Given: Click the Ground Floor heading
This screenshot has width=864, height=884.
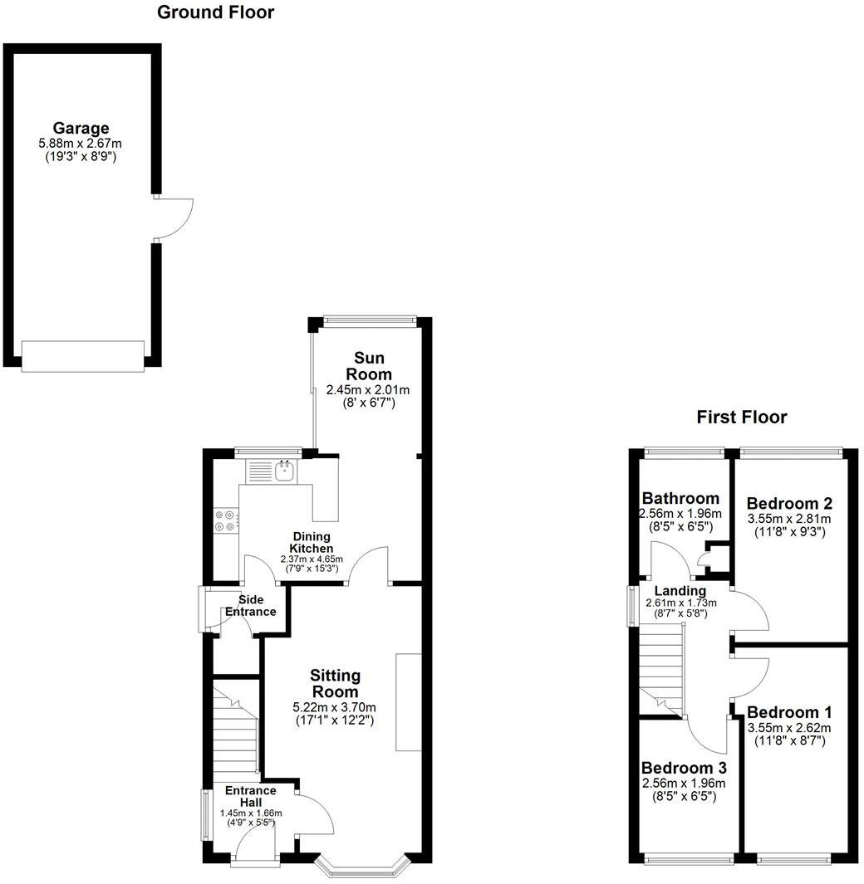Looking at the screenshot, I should [215, 12].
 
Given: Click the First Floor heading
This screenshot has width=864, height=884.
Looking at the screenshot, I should [741, 418].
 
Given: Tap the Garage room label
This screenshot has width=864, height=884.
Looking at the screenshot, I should [81, 129].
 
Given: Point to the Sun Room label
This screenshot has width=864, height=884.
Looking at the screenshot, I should [367, 366].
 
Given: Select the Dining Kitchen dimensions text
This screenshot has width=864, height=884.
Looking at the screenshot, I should [312, 559].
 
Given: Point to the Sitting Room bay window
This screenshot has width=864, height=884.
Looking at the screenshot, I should [363, 867].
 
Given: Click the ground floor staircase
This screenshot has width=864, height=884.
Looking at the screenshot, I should [235, 730].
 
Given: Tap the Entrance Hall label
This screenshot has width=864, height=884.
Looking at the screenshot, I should [250, 797].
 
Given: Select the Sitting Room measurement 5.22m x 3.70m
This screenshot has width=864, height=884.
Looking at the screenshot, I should [334, 707].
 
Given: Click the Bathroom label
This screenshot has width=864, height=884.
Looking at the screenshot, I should [680, 499].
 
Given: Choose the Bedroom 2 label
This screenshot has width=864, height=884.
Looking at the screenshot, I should [789, 504].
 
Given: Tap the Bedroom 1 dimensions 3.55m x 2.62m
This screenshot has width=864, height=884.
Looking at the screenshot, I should [789, 728].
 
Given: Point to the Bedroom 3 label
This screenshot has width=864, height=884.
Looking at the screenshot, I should [683, 769].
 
